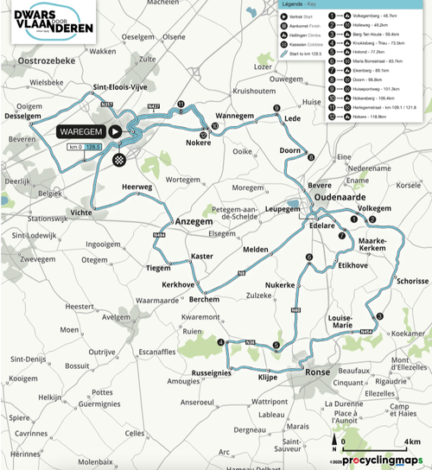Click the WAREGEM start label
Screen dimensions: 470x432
coord(82,131)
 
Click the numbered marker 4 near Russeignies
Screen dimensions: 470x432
coord(220,342)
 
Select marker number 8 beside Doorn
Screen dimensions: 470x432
coord(310,156)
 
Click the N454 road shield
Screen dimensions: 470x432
coord(365,332)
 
